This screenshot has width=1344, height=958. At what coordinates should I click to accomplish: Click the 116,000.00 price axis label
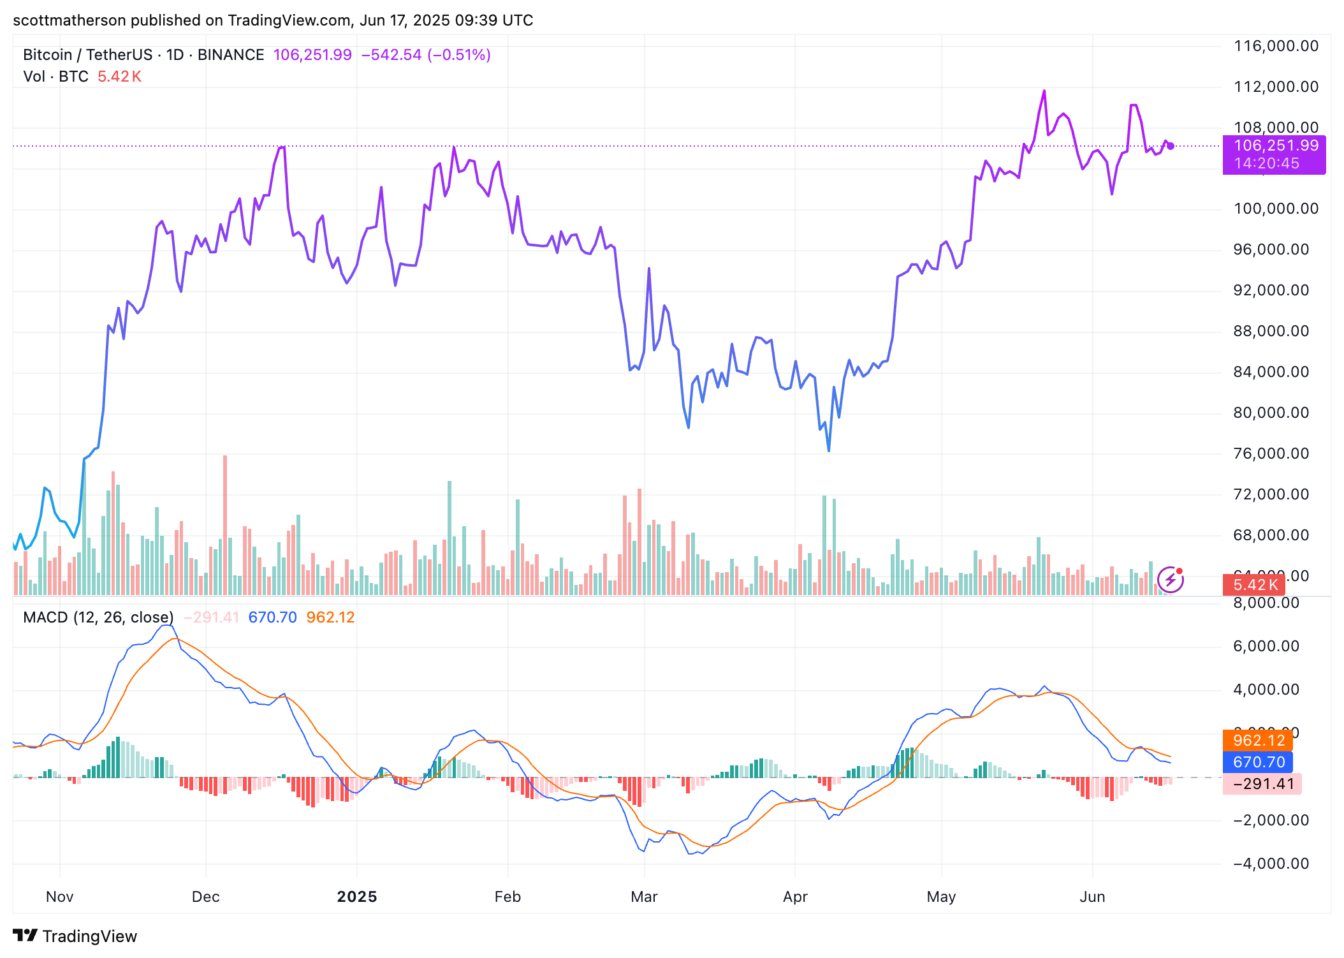[x=1276, y=46]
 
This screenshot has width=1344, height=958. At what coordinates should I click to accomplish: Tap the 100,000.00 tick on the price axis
[x=1276, y=209]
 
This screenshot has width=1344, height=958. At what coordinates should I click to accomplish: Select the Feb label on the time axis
[x=508, y=897]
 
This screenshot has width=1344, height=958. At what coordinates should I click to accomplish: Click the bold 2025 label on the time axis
[x=357, y=897]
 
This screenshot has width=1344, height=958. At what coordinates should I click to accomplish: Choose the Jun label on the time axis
[x=1092, y=897]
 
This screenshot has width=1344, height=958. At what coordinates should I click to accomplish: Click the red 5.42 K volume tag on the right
[x=1255, y=585]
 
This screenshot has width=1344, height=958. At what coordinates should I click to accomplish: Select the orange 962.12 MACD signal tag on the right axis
[x=1258, y=741]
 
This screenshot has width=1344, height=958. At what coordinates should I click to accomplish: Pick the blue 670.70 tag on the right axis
[x=1258, y=762]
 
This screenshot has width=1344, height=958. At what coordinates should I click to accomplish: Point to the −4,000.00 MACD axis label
[x=1271, y=864]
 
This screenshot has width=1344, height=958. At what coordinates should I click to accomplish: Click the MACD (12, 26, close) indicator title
[x=98, y=617]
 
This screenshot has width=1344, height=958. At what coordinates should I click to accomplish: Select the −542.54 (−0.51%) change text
[x=426, y=55]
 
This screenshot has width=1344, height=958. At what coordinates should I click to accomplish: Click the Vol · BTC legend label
[x=55, y=77]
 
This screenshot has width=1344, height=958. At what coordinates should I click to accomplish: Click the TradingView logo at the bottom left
[x=75, y=936]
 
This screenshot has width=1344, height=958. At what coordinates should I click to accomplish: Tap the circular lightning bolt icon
[x=1171, y=580]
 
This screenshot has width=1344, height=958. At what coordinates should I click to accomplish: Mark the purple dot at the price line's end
[x=1171, y=146]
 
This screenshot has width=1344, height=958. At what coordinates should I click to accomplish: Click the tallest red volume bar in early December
[x=225, y=523]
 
